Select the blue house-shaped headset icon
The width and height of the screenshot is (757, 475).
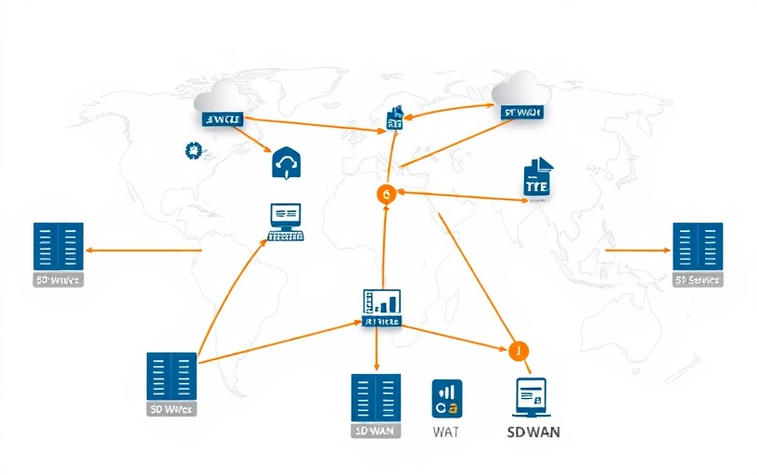[286, 163]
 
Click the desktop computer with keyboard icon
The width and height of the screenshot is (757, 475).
[286, 222]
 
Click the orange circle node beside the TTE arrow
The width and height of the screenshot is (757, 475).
[386, 193]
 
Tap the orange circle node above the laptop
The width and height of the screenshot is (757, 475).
[518, 351]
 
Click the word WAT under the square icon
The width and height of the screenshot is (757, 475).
[446, 431]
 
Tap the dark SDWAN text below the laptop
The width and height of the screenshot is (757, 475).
[533, 432]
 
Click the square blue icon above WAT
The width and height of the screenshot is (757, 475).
[447, 397]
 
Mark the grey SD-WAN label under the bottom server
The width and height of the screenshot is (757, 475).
[376, 431]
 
